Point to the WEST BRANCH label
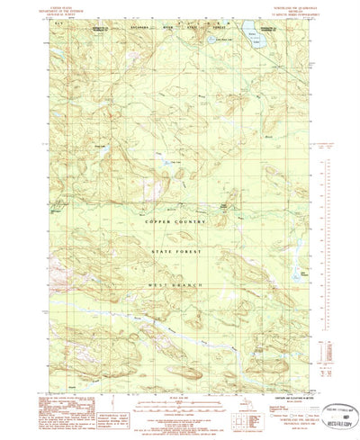182,285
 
